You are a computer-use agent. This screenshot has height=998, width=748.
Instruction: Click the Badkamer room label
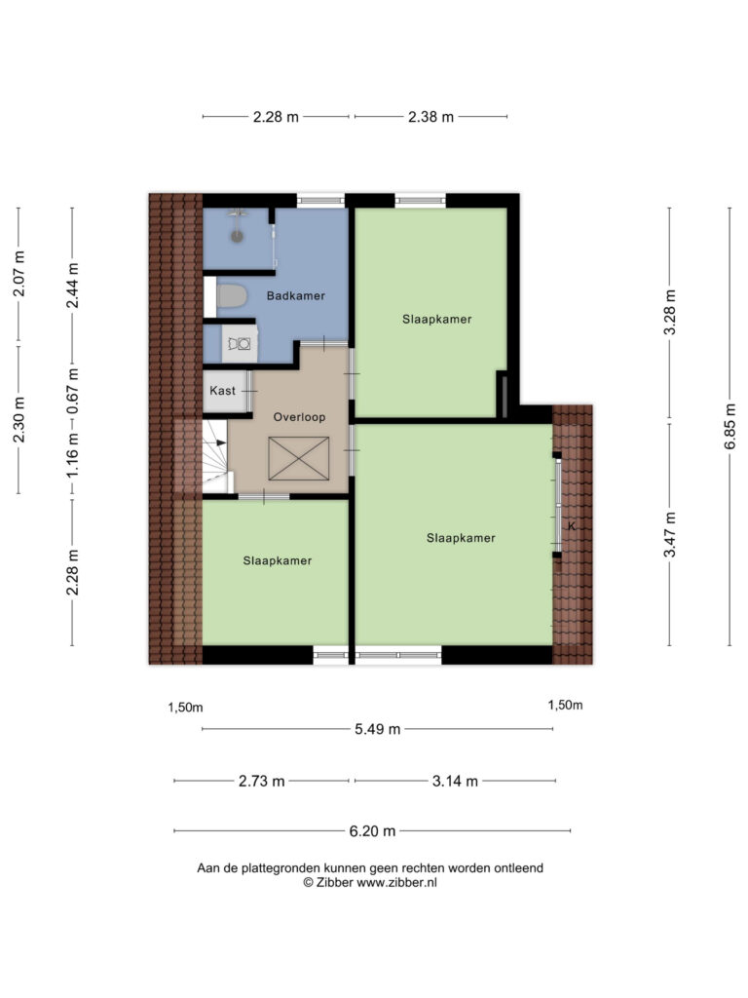click(296, 296)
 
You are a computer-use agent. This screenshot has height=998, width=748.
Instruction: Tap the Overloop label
click(299, 417)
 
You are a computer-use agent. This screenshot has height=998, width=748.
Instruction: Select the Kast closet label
click(223, 391)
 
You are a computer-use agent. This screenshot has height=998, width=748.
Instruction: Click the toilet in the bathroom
click(232, 296)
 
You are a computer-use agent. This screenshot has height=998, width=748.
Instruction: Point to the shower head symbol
click(238, 237)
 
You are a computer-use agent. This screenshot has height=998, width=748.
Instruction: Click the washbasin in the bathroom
click(240, 344)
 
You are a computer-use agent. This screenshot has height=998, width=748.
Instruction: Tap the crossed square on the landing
click(299, 458)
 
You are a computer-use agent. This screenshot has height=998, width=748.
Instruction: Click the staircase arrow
click(219, 442)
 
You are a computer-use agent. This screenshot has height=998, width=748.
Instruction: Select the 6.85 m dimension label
click(730, 427)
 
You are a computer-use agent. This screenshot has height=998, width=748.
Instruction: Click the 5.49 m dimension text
click(378, 729)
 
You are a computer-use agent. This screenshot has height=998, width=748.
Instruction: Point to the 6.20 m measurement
click(373, 831)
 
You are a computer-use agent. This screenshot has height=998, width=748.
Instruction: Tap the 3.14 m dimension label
click(455, 781)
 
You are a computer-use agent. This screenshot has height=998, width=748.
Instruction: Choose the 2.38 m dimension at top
click(431, 117)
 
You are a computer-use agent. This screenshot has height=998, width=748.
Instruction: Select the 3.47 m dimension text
click(670, 534)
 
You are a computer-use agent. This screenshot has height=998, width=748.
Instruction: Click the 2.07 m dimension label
click(19, 274)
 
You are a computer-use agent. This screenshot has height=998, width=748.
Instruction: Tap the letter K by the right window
click(571, 526)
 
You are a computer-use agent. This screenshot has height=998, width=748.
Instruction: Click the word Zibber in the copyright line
click(335, 883)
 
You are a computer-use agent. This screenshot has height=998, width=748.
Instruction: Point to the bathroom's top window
click(321, 201)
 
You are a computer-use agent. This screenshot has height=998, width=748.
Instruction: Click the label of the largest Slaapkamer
click(461, 538)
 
